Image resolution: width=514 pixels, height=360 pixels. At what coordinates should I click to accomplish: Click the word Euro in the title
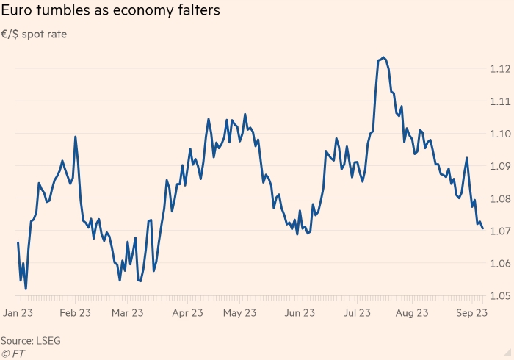click(18, 12)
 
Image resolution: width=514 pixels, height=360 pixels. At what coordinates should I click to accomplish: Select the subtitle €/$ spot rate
click(35, 34)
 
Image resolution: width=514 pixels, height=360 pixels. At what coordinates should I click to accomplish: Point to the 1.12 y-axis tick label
click(499, 69)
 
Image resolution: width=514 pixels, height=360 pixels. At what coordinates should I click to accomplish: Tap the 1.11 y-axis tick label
click(499, 101)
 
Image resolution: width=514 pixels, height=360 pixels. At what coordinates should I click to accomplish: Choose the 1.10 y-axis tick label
click(499, 134)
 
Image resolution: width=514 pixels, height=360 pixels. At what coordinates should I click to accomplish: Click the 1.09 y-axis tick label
click(499, 166)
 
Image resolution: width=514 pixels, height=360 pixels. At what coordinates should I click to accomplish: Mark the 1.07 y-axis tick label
click(499, 231)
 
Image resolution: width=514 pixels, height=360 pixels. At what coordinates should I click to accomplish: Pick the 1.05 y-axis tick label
click(499, 296)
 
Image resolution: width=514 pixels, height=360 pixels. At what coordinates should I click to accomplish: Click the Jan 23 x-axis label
click(20, 312)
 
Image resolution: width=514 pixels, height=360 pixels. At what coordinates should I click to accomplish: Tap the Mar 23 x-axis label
click(127, 312)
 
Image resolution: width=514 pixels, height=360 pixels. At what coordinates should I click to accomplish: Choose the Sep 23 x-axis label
click(471, 312)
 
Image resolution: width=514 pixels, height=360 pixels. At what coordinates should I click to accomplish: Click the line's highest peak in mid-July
click(384, 57)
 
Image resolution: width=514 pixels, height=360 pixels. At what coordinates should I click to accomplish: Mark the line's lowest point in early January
click(26, 289)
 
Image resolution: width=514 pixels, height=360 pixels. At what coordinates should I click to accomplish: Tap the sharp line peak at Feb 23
click(75, 137)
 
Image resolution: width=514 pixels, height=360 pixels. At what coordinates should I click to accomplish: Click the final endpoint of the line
click(482, 228)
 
